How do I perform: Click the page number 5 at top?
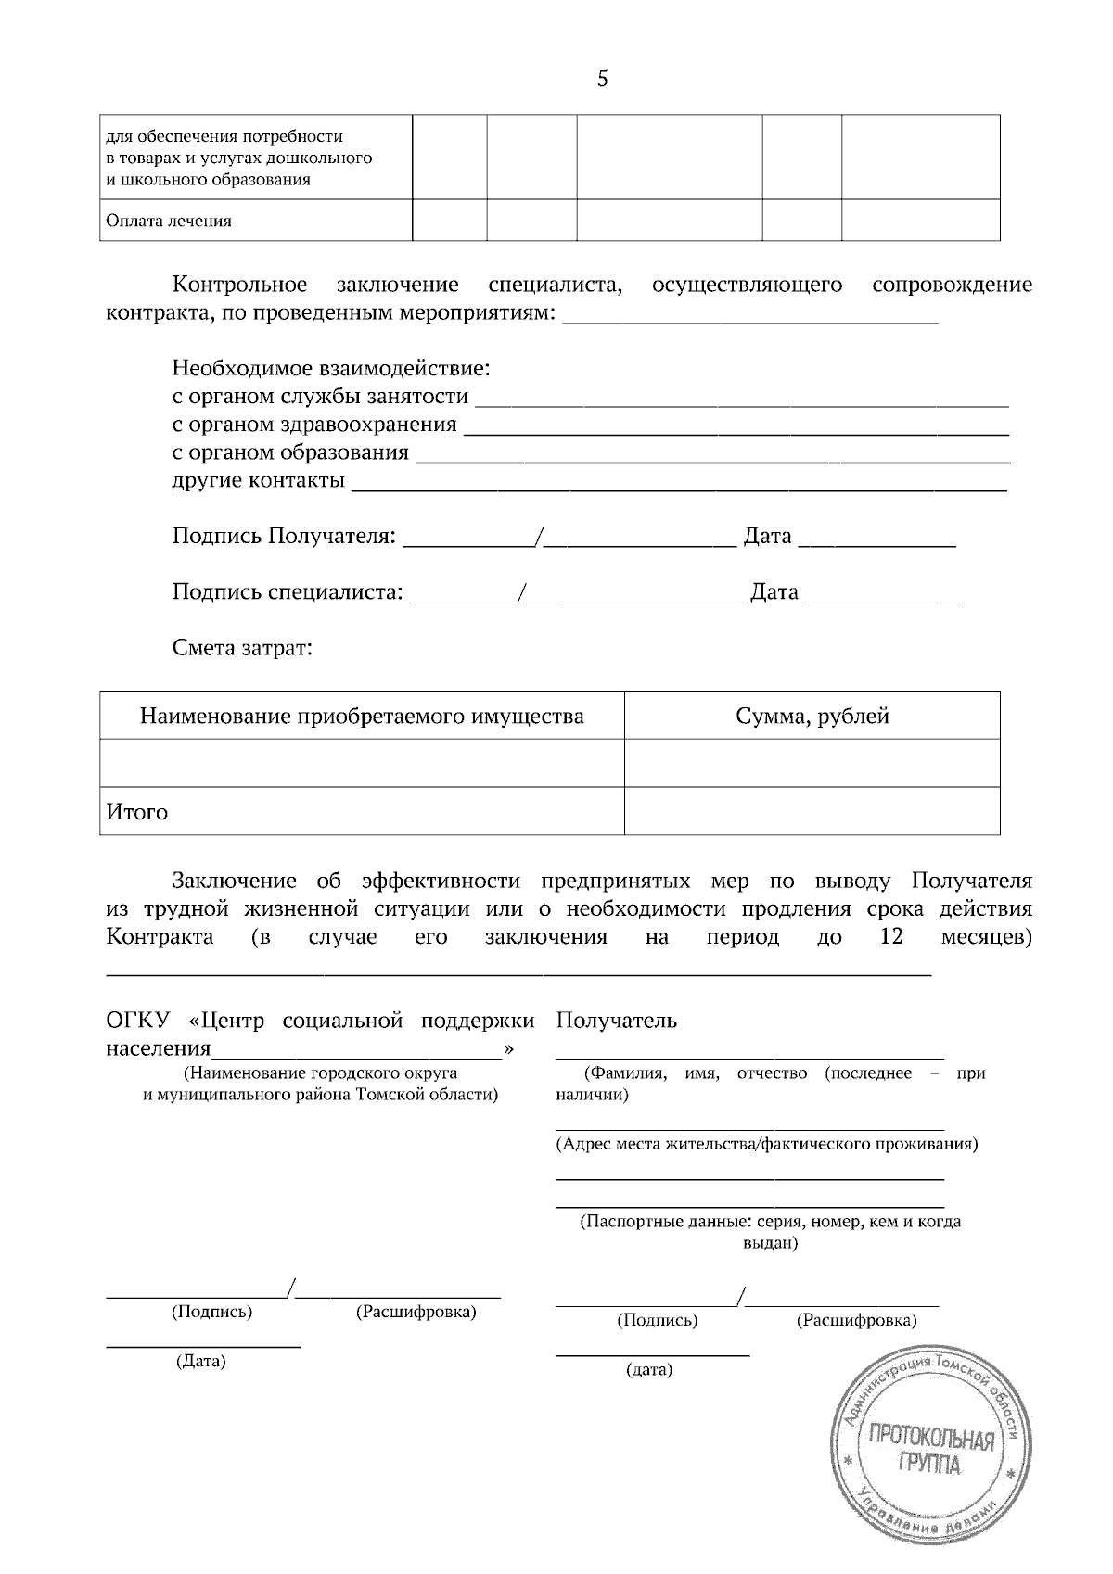(x=603, y=80)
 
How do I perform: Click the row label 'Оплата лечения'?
(x=169, y=222)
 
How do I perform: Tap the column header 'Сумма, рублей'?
(x=812, y=716)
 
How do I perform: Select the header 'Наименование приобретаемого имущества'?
(x=362, y=716)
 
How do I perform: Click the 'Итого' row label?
(x=137, y=812)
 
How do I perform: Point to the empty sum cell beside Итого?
(x=812, y=811)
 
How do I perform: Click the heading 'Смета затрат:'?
(x=242, y=647)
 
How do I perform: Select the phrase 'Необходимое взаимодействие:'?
(x=331, y=369)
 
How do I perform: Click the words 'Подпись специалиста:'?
(x=288, y=591)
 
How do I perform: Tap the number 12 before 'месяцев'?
(x=890, y=936)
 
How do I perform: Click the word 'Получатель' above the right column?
(x=617, y=1021)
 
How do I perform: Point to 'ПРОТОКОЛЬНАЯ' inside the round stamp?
(x=929, y=1440)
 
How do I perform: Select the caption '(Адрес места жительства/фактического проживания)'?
(x=766, y=1144)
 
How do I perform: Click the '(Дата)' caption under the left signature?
(x=201, y=1362)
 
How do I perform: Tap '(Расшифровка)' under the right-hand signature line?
(x=856, y=1320)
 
